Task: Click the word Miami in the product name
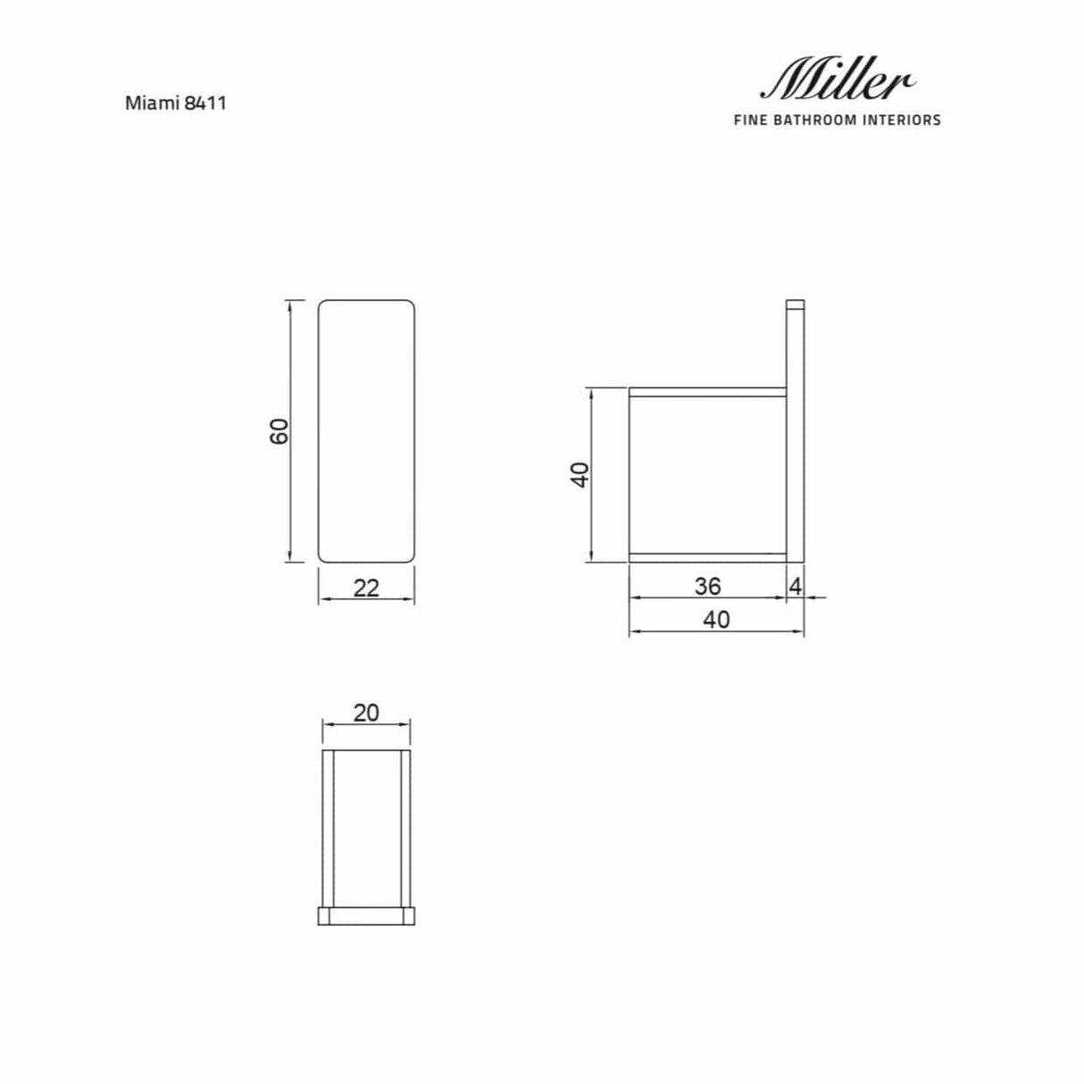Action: pos(152,103)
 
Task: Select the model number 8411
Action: pos(205,103)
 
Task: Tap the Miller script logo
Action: pos(837,81)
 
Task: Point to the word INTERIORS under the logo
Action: pos(902,120)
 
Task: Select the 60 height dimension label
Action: pos(279,431)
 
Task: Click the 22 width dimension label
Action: pos(366,588)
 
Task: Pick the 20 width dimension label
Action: pos(366,713)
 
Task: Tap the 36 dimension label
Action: pos(707,587)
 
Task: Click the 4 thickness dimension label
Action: pos(796,587)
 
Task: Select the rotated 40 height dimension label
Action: pos(580,475)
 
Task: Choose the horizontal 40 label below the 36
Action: pos(716,619)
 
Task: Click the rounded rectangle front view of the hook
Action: pos(367,431)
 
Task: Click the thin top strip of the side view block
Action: pos(707,392)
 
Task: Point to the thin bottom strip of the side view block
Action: pos(707,558)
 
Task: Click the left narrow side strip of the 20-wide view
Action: pos(328,829)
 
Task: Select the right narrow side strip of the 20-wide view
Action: pos(405,829)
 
